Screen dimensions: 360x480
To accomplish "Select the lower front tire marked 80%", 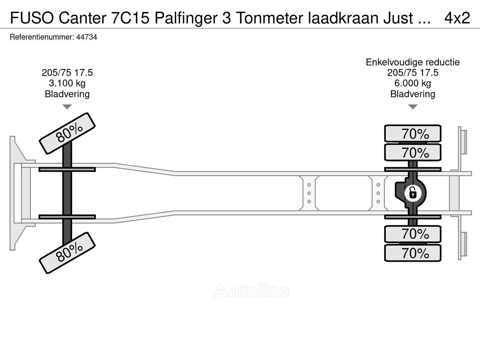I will click(x=67, y=253).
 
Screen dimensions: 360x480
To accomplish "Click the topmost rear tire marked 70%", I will click(x=413, y=134).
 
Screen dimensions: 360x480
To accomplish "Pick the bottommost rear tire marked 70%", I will click(x=413, y=253).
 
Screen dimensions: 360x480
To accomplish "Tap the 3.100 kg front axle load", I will click(x=67, y=83).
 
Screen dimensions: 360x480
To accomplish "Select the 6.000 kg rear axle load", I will click(x=412, y=83).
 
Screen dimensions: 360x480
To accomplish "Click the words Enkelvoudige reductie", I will click(x=412, y=62).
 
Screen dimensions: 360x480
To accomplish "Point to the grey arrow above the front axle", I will click(x=67, y=107).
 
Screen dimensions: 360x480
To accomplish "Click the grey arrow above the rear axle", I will click(x=412, y=107).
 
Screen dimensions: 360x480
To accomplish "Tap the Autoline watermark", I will click(x=251, y=291).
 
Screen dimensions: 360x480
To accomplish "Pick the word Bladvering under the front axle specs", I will click(x=67, y=94).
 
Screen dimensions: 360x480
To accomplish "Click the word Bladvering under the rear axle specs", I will click(x=412, y=94).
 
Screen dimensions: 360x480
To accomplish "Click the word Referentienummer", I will click(x=40, y=37).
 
